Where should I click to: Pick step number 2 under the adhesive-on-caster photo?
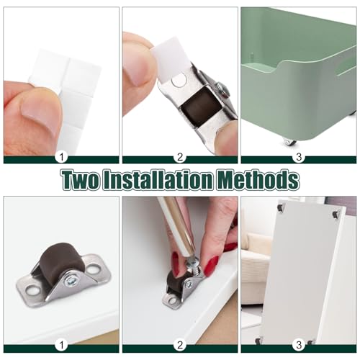(179, 156)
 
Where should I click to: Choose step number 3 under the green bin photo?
(298, 156)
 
